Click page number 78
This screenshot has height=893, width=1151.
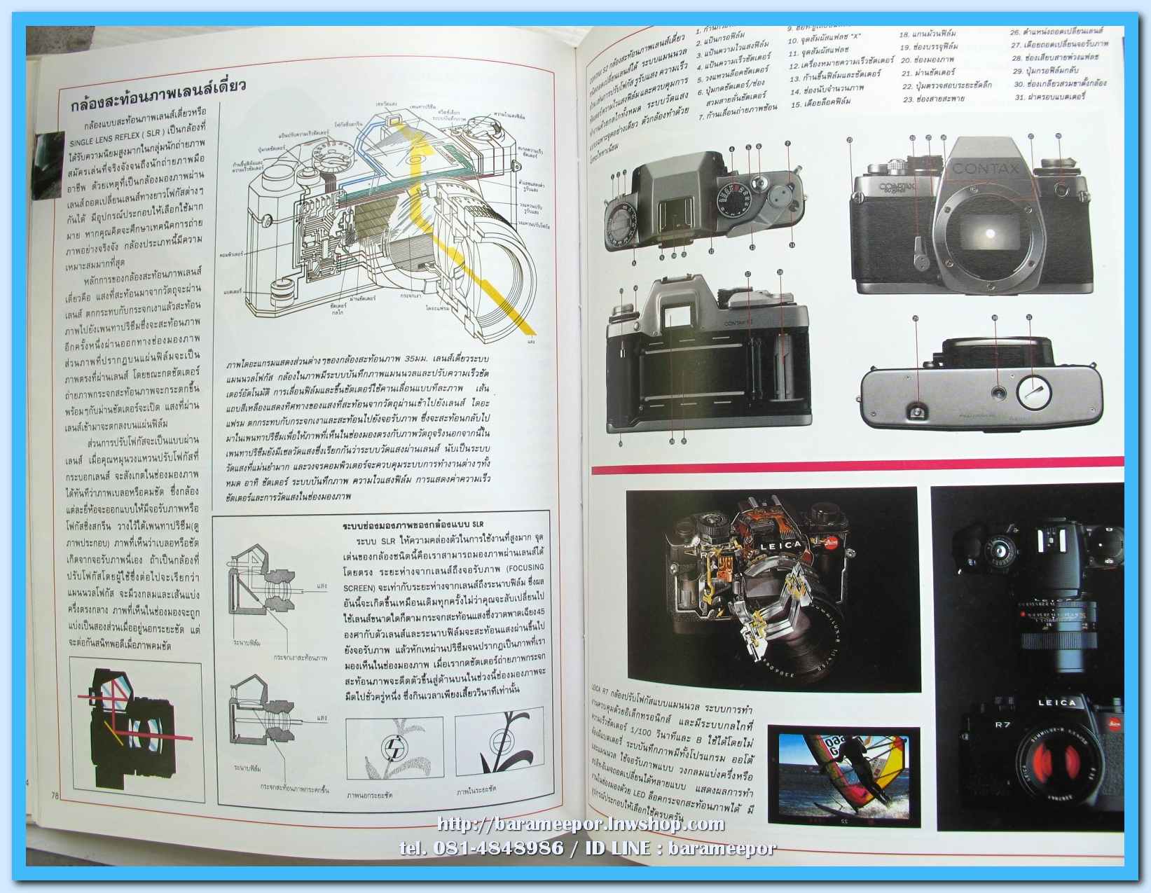coord(55,794)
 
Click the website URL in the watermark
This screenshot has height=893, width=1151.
coord(581,824)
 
